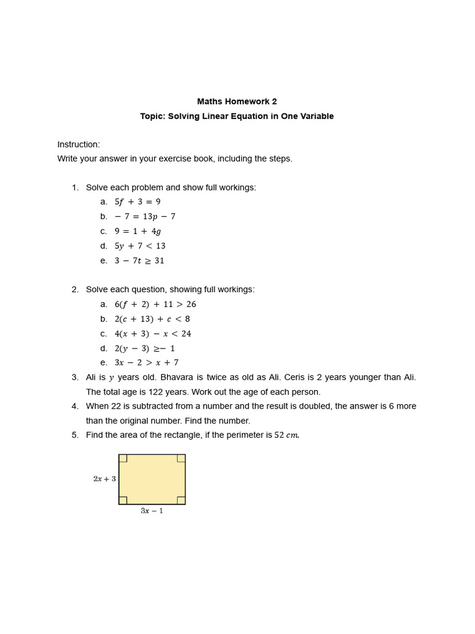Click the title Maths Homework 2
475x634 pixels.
point(237,102)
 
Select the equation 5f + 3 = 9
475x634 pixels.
point(137,202)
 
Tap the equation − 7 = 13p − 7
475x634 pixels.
point(145,217)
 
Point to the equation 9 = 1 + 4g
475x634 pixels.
point(137,232)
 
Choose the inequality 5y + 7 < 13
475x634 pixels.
point(140,246)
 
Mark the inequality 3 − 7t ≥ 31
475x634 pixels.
point(139,261)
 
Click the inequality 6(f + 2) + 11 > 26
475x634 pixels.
point(155,305)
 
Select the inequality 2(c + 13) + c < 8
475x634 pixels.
point(152,319)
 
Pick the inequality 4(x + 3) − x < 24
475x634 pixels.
point(153,334)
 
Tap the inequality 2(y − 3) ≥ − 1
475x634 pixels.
point(145,349)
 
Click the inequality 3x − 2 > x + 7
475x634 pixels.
point(147,363)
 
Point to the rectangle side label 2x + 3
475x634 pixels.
point(105,479)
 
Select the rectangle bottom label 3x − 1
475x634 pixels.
point(152,511)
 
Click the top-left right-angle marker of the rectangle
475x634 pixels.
point(123,458)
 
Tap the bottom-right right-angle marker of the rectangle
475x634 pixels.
point(181,500)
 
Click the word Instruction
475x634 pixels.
point(79,145)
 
